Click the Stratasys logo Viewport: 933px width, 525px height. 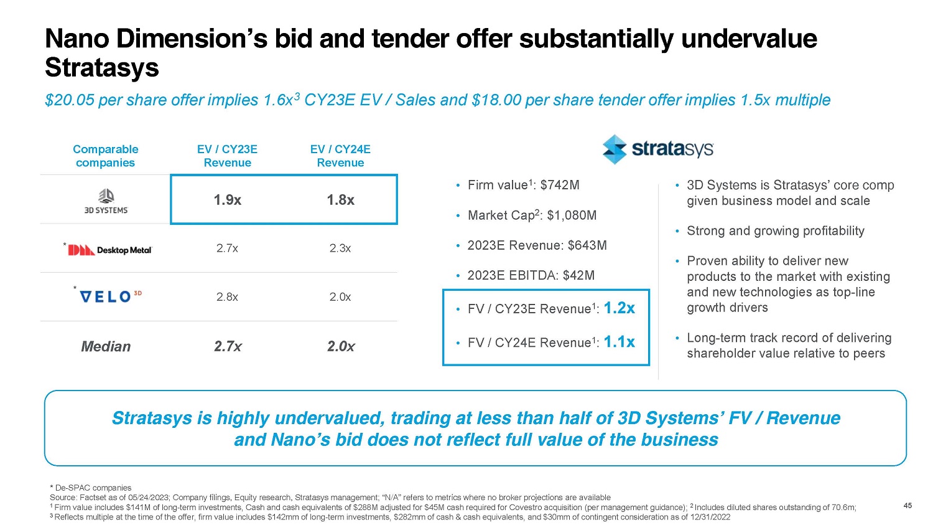[x=657, y=149]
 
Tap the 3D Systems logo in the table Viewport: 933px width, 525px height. [x=106, y=201]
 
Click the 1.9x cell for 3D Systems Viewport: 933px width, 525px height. [x=228, y=200]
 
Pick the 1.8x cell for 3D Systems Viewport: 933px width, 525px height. [x=341, y=200]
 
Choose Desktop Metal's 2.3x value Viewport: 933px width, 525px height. [x=340, y=248]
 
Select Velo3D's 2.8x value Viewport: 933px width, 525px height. [x=227, y=297]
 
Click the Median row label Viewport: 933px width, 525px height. [x=106, y=346]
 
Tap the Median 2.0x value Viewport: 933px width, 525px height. [x=341, y=346]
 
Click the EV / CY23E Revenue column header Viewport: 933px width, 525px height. [x=227, y=156]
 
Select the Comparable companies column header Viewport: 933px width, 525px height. [x=105, y=156]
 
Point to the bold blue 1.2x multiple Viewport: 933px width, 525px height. [x=620, y=308]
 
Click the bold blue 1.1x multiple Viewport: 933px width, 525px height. [x=620, y=341]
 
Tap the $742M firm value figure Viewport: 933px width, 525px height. [x=560, y=185]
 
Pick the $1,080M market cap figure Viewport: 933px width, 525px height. [x=572, y=215]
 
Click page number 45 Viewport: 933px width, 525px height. [x=907, y=506]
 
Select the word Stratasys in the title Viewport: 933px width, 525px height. [x=102, y=67]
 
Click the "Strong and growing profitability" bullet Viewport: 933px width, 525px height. [x=775, y=231]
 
